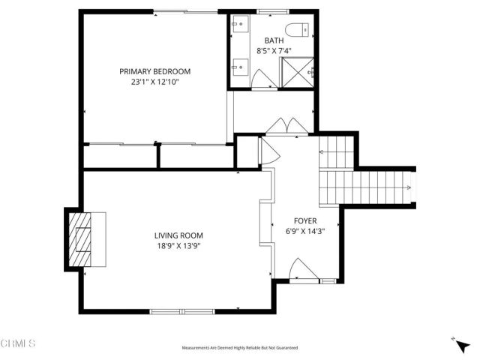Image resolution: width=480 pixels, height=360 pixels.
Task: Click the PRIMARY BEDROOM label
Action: pyautogui.click(x=154, y=71)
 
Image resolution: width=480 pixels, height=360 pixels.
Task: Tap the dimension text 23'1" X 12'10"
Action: pyautogui.click(x=154, y=82)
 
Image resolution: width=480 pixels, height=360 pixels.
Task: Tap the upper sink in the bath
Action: pyautogui.click(x=239, y=26)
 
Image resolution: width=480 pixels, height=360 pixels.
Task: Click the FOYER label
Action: pyautogui.click(x=304, y=221)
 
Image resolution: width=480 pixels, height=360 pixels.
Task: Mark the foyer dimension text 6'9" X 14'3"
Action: pyautogui.click(x=304, y=232)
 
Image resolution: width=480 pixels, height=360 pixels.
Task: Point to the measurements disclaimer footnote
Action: pyautogui.click(x=240, y=348)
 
